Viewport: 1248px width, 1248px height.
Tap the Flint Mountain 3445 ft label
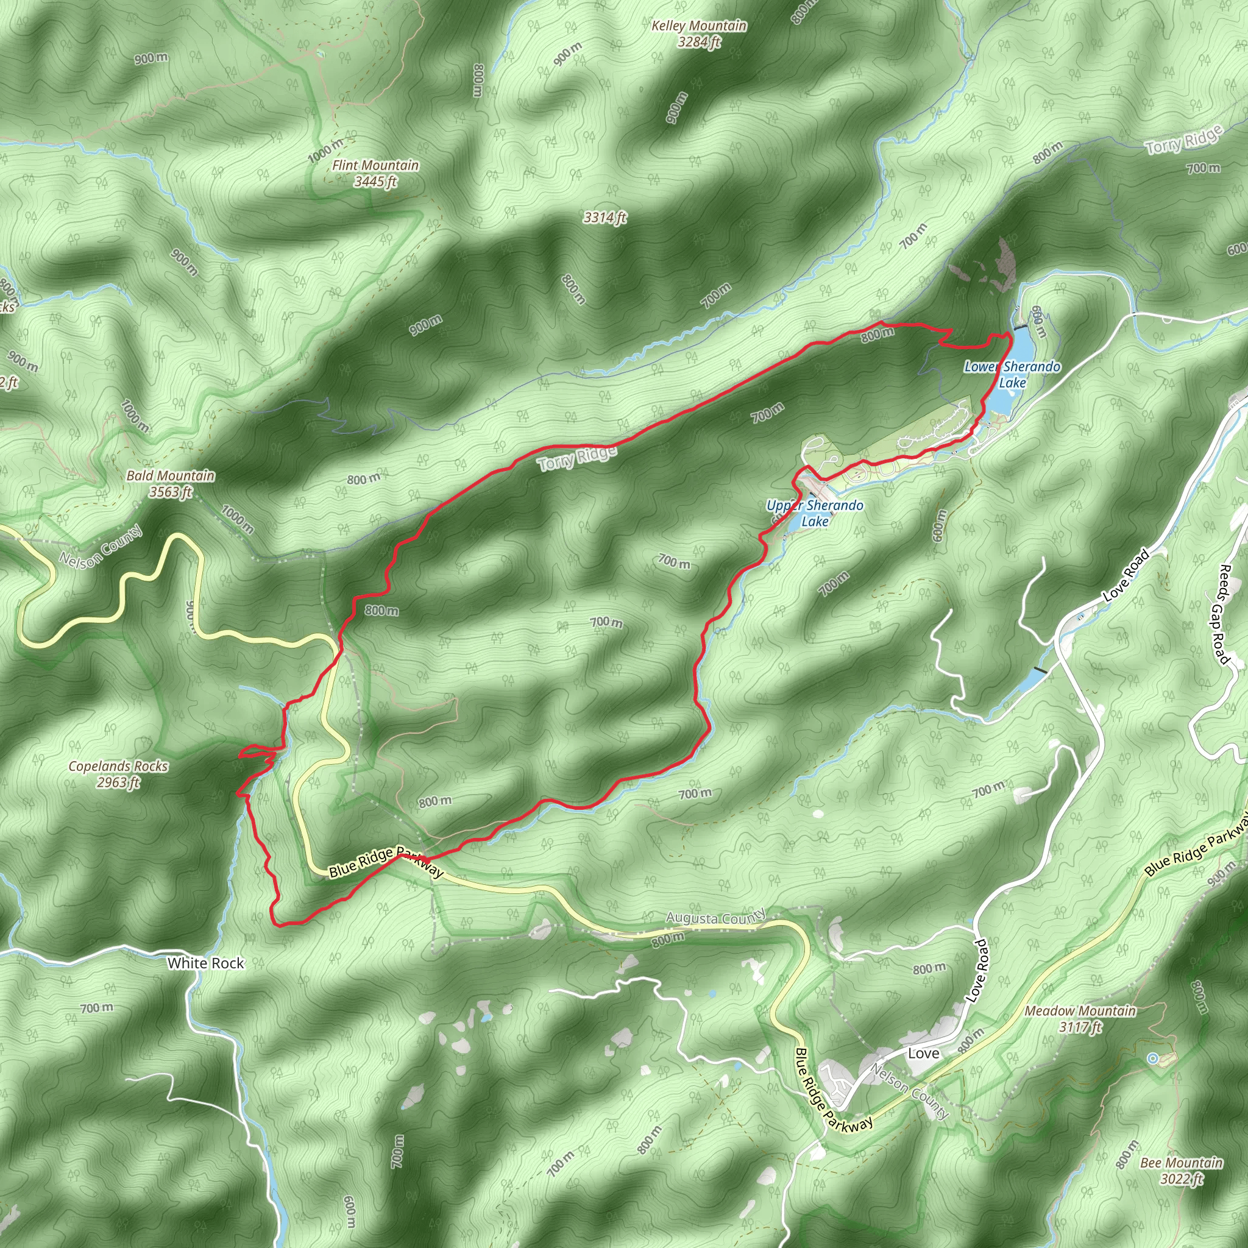click(x=375, y=173)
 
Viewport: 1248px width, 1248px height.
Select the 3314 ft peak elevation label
click(x=604, y=218)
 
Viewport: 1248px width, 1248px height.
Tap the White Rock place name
click(x=205, y=963)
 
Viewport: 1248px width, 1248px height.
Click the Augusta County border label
click(x=716, y=916)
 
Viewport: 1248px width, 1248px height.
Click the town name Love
click(x=924, y=1054)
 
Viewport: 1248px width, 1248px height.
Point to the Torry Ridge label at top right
click(x=1184, y=140)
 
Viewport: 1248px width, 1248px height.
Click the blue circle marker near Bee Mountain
click(x=1152, y=1058)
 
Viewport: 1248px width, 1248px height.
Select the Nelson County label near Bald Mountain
click(x=101, y=547)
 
